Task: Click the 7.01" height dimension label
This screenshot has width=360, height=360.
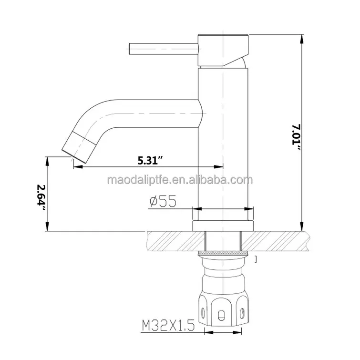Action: point(297,138)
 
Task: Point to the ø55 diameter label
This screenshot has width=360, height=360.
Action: point(163,201)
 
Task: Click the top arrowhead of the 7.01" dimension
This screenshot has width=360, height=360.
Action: point(301,38)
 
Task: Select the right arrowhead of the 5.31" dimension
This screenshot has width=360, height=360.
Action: point(220,166)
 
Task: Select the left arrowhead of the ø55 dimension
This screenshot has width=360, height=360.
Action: point(195,208)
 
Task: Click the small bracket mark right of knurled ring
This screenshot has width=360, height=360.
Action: point(256,259)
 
